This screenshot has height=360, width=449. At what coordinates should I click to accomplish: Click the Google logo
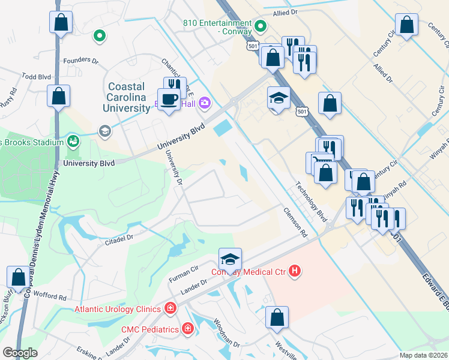(20, 353)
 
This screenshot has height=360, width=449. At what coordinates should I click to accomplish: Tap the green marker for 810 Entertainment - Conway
(261, 26)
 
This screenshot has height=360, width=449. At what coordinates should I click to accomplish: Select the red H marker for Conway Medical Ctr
(294, 272)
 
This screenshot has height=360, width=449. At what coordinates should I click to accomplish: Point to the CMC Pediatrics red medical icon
(188, 329)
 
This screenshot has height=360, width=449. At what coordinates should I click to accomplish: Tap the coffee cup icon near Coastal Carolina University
(168, 98)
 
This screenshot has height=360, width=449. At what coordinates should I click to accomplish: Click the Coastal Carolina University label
(128, 97)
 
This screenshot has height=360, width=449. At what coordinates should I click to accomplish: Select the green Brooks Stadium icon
(74, 142)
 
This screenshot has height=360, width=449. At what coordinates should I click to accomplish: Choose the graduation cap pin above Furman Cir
(230, 259)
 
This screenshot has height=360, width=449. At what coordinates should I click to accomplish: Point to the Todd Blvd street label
(36, 77)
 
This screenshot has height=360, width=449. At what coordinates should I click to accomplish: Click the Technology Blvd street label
(310, 201)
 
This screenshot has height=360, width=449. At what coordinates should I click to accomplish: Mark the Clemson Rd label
(295, 221)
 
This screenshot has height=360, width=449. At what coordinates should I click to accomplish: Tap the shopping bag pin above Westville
(277, 317)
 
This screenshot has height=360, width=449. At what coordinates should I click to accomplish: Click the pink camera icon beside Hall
(204, 103)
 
